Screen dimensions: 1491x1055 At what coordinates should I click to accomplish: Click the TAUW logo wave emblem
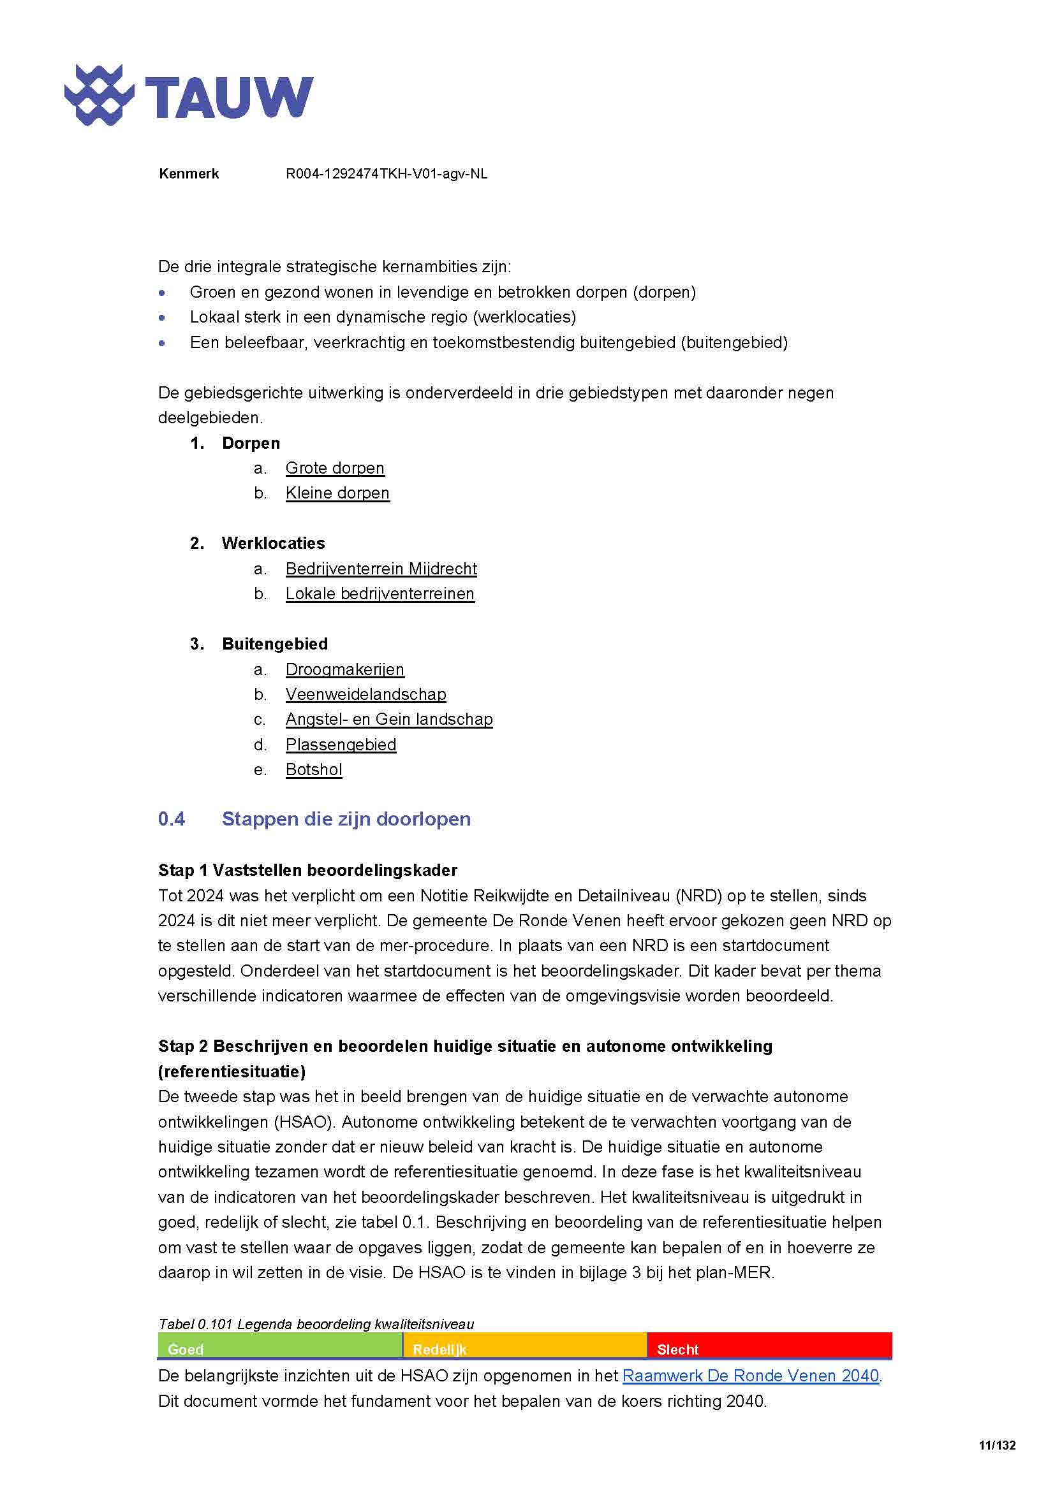tap(99, 96)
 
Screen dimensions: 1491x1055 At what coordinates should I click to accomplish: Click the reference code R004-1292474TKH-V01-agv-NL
tap(386, 174)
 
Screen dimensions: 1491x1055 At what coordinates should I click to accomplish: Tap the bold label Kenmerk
tap(188, 174)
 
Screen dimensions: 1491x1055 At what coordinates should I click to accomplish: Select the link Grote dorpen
tap(335, 469)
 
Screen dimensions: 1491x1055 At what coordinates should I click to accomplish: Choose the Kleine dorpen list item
tap(337, 493)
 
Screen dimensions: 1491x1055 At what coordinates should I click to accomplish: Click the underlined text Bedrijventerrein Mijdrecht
tap(381, 569)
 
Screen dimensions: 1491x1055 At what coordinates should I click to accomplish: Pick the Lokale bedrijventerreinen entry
tap(380, 594)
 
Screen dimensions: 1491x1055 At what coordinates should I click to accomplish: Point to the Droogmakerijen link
tap(344, 669)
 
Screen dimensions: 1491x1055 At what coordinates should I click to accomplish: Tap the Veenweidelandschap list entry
tap(365, 695)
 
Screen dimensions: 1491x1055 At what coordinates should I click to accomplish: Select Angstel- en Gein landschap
tap(389, 720)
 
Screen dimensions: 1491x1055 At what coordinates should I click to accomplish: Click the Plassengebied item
tap(341, 745)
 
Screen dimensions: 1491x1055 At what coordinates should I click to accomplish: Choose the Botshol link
tap(314, 770)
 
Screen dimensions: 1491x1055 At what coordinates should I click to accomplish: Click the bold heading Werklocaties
tap(273, 544)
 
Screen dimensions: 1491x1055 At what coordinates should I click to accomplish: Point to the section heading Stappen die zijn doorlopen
tap(346, 819)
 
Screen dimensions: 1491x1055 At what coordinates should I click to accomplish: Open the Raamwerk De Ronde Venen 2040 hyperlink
tap(750, 1376)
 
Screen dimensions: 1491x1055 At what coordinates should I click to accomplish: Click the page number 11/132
tap(996, 1446)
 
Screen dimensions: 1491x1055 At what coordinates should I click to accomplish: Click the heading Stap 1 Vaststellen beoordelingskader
tap(307, 870)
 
